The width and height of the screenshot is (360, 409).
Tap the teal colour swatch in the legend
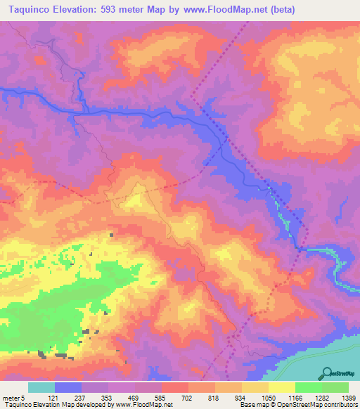click(x=41, y=387)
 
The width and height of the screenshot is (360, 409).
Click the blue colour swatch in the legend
click(x=68, y=387)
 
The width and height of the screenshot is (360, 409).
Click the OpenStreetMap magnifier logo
click(x=328, y=372)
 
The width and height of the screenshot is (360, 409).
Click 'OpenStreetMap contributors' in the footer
click(x=321, y=405)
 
